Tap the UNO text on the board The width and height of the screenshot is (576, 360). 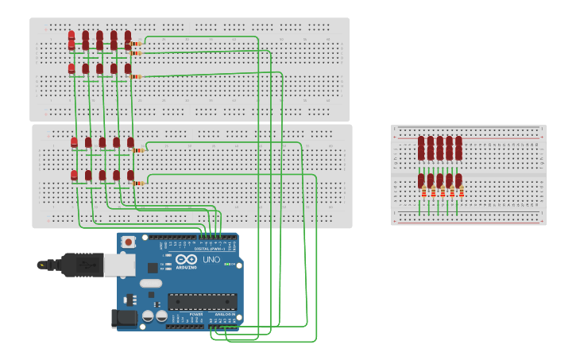pos(211,260)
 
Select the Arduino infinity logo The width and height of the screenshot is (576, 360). pos(187,260)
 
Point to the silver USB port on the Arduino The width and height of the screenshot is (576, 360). pos(119,265)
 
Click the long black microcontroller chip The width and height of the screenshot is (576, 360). pos(202,301)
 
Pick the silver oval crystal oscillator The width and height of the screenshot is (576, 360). pos(150,283)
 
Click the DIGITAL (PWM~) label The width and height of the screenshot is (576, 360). pos(208,249)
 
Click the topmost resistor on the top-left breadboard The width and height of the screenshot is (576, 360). pos(136,44)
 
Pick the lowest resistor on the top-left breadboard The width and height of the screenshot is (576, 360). pos(136,76)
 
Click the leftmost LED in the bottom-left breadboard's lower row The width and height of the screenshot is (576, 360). pos(75,175)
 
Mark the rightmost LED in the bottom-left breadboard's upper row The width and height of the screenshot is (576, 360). pos(130,142)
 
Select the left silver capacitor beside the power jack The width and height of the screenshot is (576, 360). pos(147,317)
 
